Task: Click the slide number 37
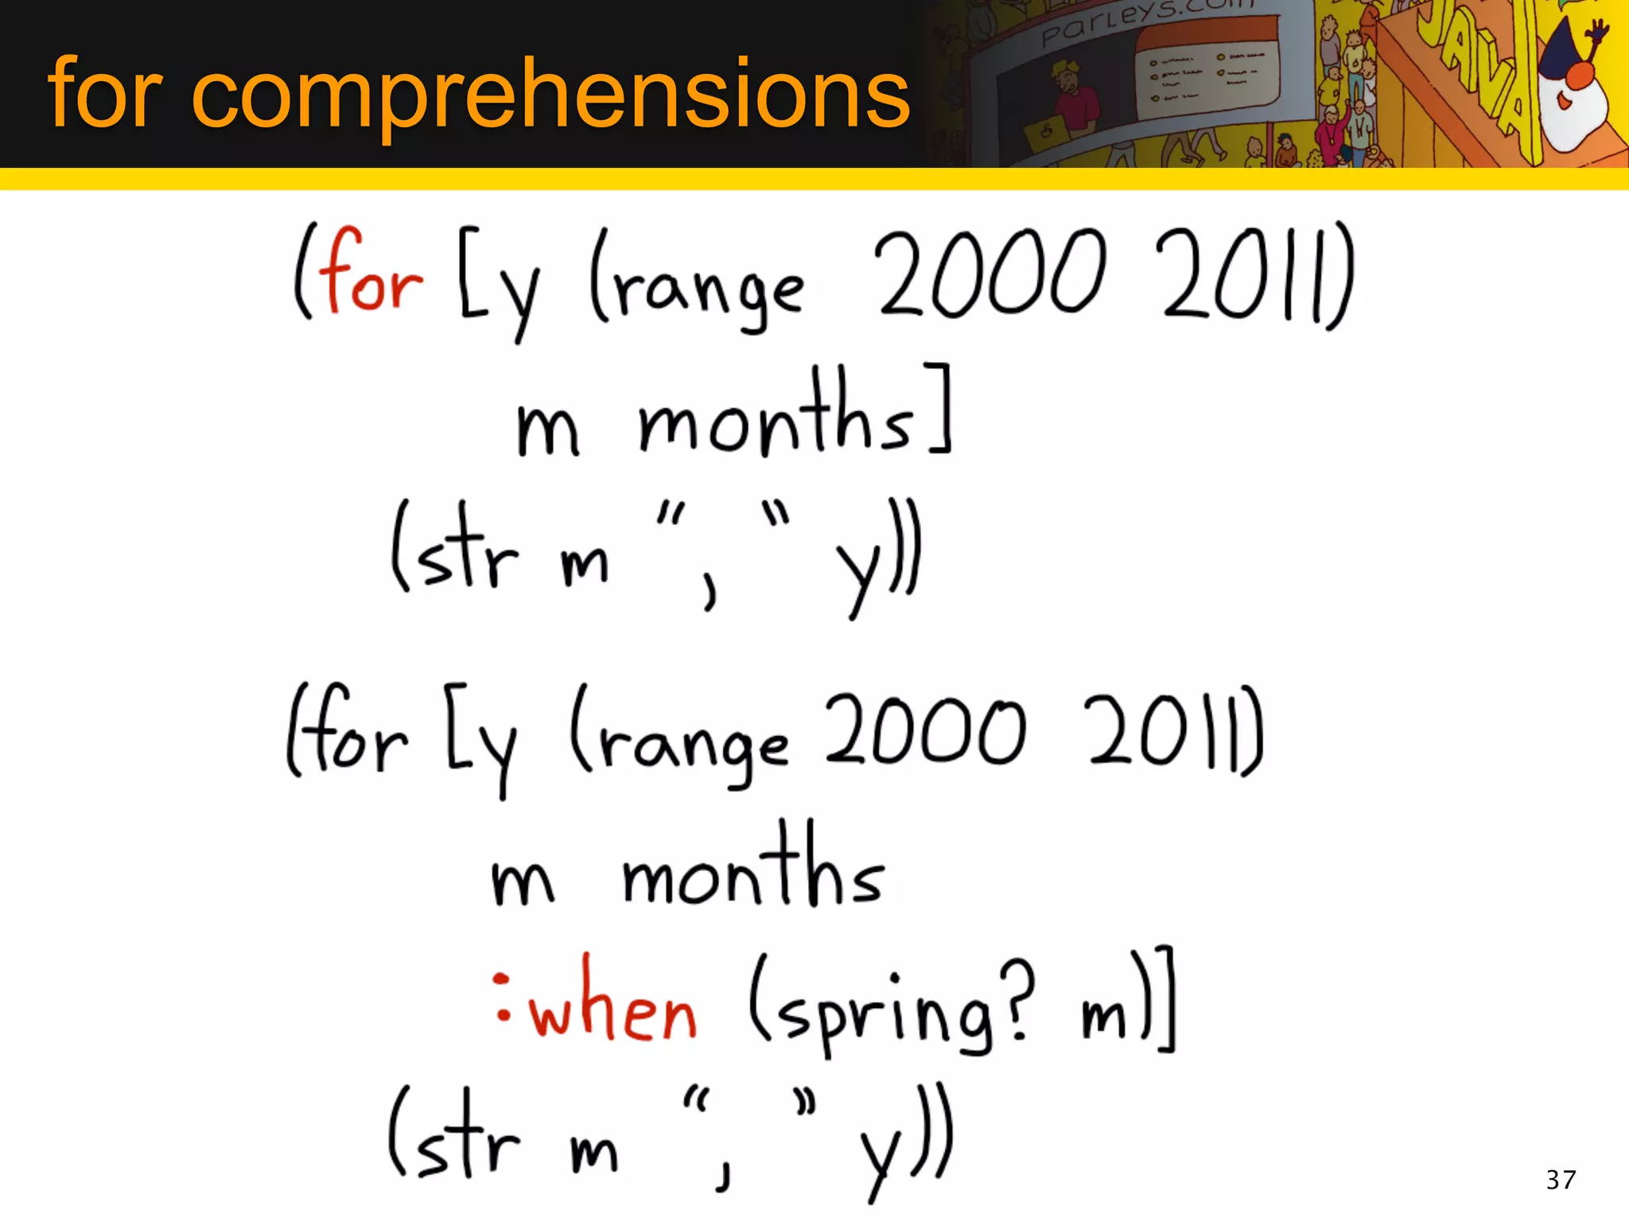click(x=1561, y=1179)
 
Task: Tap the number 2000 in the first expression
click(x=989, y=274)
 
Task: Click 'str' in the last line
click(x=465, y=1138)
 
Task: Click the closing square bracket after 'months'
click(x=940, y=407)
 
